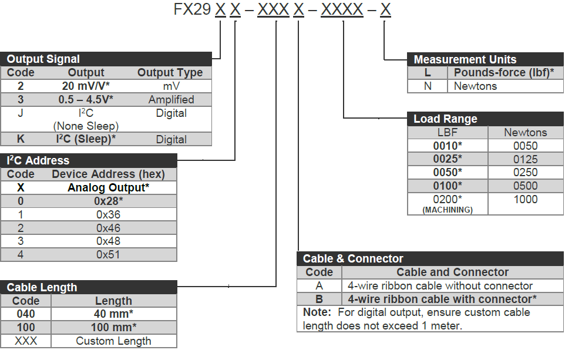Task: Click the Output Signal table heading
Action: click(x=43, y=59)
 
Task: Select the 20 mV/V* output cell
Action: click(x=86, y=86)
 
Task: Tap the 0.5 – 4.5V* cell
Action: click(x=86, y=100)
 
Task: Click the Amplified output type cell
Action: click(x=171, y=100)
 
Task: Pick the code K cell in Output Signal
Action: click(x=21, y=140)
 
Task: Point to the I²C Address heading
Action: click(x=38, y=160)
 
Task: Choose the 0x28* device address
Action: click(x=108, y=201)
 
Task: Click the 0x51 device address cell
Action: click(x=108, y=255)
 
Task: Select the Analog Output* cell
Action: click(x=108, y=188)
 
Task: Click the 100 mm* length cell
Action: click(x=113, y=328)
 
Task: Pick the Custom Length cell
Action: click(x=113, y=341)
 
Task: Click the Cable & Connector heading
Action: click(x=353, y=258)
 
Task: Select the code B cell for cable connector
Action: click(x=320, y=299)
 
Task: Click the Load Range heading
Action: click(x=445, y=119)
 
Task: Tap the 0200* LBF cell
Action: click(x=448, y=200)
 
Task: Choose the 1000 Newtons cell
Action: click(x=525, y=200)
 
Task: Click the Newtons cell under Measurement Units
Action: click(x=475, y=86)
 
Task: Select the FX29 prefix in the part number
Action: click(x=192, y=10)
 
